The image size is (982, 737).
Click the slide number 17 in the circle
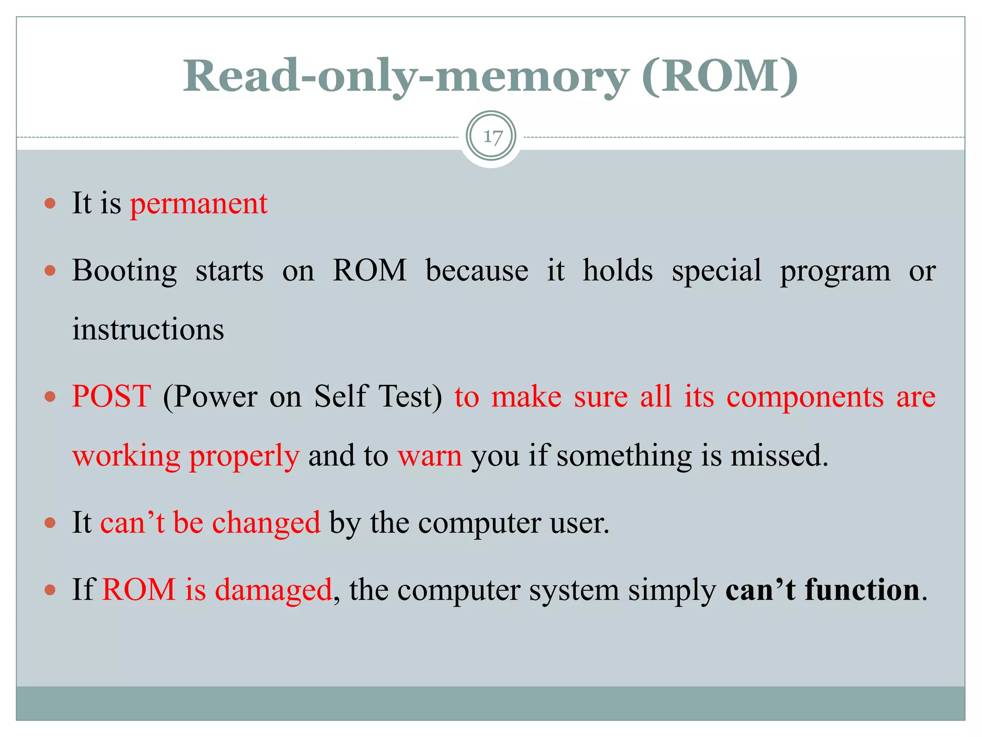pos(492,137)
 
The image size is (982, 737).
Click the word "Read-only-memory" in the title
pos(405,77)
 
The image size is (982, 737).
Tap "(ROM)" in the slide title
pos(719,77)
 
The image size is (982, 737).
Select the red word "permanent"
pos(199,203)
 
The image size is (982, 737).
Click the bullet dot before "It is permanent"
pos(50,203)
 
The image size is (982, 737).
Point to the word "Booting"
pos(125,271)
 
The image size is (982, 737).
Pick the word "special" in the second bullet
pos(716,271)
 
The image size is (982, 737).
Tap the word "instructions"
pos(148,330)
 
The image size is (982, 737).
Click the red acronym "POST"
pos(112,397)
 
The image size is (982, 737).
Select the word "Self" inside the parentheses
pos(341,397)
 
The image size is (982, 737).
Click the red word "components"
pos(805,398)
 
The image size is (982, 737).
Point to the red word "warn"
pos(430,456)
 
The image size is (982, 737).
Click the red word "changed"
pos(266,523)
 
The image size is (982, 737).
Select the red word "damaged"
pos(273,590)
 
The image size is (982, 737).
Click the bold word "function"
pos(862,590)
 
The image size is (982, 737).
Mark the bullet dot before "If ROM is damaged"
pos(50,590)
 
